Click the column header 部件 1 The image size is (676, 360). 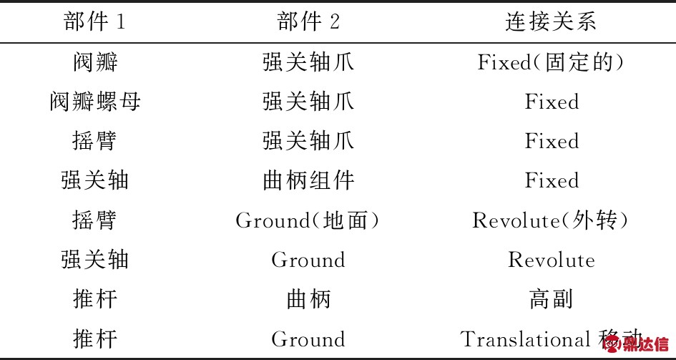(x=94, y=21)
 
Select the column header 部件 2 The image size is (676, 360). (x=308, y=21)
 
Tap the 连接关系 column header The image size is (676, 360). (x=551, y=21)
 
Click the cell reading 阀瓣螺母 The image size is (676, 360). (x=94, y=102)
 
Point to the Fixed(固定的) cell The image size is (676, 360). (x=551, y=62)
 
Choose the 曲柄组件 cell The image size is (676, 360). (x=308, y=180)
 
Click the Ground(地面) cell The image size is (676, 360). (x=308, y=220)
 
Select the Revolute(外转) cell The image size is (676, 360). (x=551, y=220)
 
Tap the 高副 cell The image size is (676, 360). (x=551, y=299)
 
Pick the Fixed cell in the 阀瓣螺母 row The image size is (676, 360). (x=551, y=102)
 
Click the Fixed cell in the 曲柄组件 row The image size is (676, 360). (x=551, y=180)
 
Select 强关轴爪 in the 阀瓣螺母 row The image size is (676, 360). (x=308, y=102)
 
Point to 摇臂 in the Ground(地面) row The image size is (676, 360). (x=94, y=220)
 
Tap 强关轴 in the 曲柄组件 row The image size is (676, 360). (x=94, y=180)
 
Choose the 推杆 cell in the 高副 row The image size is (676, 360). (x=94, y=299)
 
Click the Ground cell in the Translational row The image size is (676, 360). (x=308, y=339)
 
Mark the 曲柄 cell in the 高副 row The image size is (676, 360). (x=308, y=299)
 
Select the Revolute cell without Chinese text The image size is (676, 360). (x=551, y=260)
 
